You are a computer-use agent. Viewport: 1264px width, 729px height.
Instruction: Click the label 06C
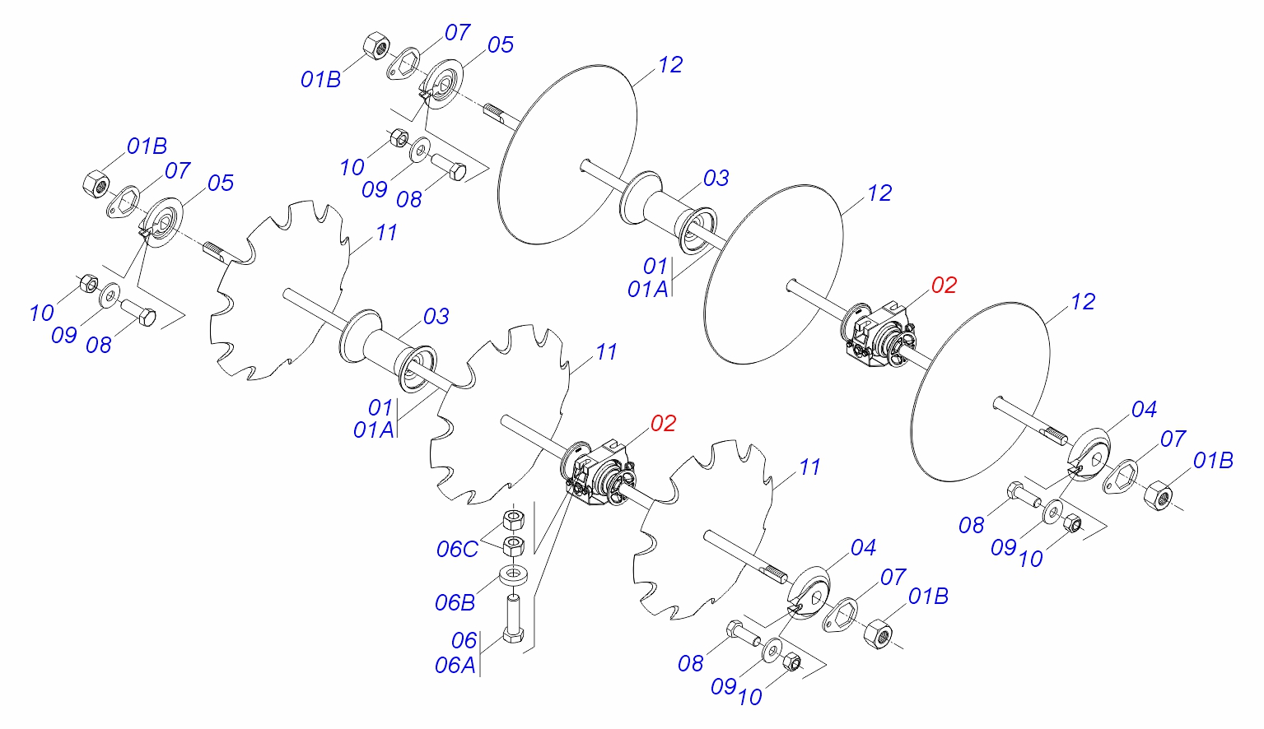458,550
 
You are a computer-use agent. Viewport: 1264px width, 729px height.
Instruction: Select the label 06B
455,603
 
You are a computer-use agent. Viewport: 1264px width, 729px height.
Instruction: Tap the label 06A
455,665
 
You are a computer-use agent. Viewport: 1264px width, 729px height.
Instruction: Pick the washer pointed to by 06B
513,573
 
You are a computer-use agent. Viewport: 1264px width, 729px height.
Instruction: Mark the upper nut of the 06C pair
514,520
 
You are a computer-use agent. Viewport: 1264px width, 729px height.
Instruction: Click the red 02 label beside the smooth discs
944,286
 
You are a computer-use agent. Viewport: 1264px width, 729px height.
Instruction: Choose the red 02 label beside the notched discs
663,424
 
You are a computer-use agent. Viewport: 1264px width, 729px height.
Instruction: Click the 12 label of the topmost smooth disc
670,65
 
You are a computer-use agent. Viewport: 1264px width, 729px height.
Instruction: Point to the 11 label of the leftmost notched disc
386,234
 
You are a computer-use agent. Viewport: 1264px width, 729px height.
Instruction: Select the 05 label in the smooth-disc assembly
500,45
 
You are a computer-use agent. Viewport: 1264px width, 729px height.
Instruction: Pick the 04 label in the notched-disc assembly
863,548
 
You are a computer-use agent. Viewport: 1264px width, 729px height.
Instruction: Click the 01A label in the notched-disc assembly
373,430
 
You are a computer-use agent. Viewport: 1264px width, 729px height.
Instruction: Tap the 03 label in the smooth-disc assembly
716,179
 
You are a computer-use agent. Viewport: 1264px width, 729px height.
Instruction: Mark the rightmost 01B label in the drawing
1214,461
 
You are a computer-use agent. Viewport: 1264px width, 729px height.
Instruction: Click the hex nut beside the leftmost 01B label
96,182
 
